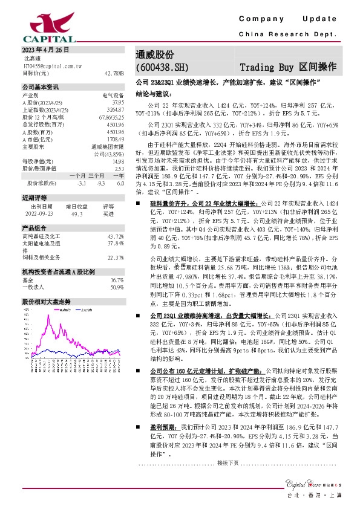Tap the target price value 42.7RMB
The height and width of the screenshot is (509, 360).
114,73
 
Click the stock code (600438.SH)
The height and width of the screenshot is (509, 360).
162,67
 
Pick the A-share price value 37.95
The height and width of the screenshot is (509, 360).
117,102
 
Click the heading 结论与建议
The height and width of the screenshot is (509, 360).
154,94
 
